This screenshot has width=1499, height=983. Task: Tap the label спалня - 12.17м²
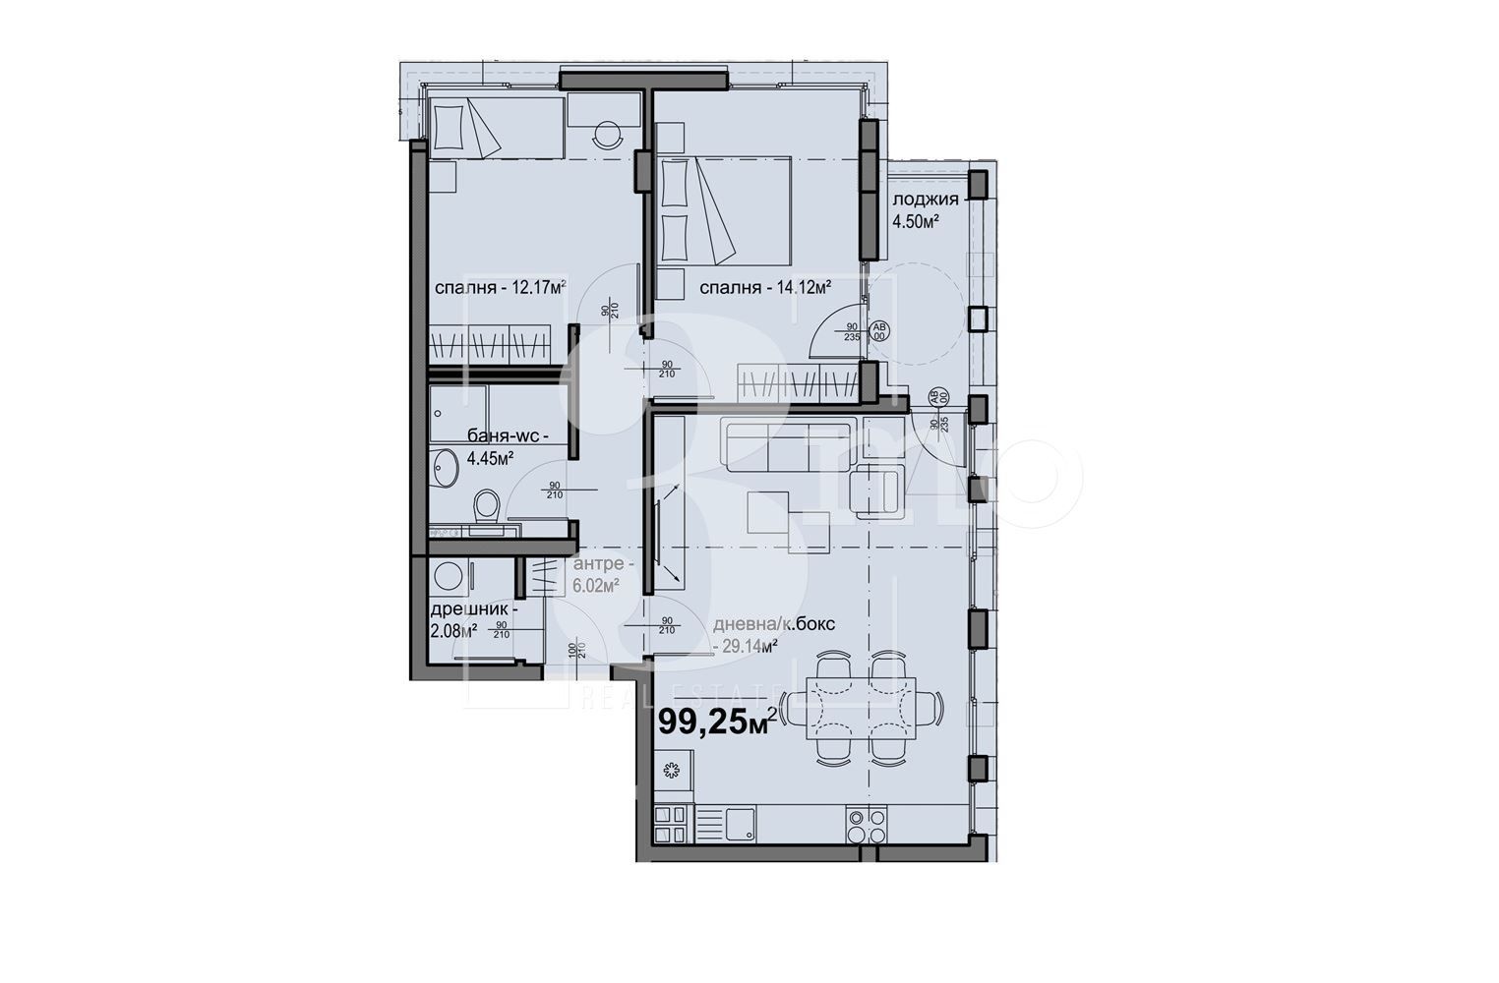tap(501, 288)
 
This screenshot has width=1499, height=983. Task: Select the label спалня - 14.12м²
tap(766, 288)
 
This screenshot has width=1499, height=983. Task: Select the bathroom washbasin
tap(444, 467)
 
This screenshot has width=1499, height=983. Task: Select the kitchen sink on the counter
tap(740, 824)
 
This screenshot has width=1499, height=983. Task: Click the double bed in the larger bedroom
tap(726, 210)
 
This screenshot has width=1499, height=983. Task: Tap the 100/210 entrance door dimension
tap(575, 650)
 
